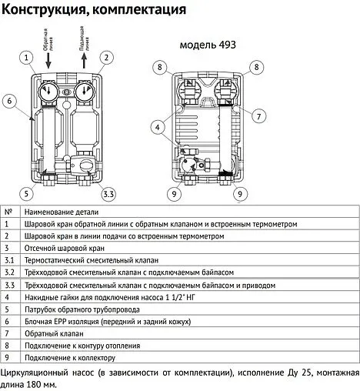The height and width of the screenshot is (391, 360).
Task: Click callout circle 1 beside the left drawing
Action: tap(28, 58)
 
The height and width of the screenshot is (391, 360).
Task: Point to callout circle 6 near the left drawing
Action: tap(9, 100)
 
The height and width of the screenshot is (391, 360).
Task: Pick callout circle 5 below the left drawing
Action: tap(27, 192)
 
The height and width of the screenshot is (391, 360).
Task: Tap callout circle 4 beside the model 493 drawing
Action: tap(157, 126)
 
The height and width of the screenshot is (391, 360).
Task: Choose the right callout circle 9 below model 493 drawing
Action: tap(240, 194)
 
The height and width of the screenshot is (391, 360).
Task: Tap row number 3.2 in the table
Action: tap(10, 272)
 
